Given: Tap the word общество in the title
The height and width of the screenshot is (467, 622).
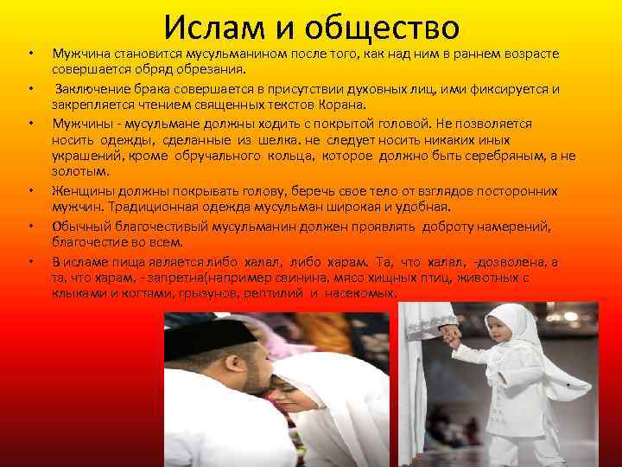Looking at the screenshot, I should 381,29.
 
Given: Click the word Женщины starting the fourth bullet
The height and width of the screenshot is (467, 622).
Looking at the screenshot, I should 82,190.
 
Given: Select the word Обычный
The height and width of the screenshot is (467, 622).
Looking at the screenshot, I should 79,226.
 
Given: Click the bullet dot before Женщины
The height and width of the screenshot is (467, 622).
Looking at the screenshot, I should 30,190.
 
